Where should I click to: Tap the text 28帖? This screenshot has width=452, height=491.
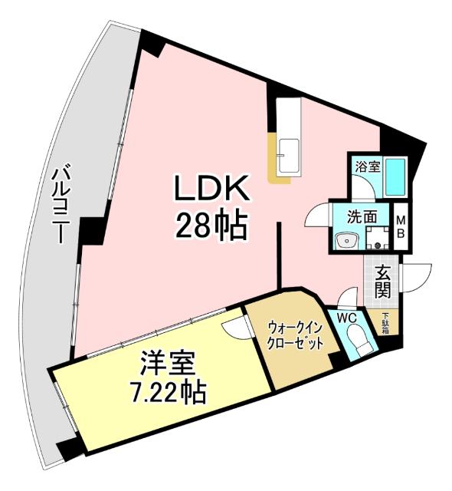pos(211,225)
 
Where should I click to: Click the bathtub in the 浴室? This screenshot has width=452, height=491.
pos(396,177)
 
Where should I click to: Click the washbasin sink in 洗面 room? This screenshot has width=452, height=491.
pos(347,241)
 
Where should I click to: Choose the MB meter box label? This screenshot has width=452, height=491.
pos(401,227)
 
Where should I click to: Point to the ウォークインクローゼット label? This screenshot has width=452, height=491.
pos(294,337)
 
